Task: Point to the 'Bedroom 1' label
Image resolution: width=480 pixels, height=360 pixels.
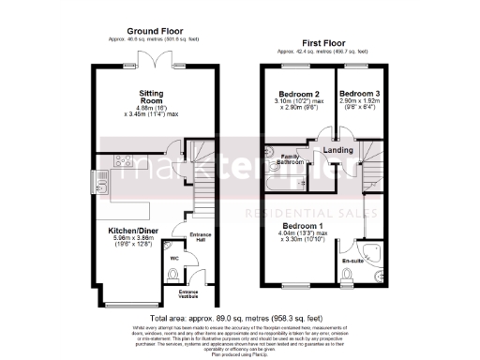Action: point(305,225)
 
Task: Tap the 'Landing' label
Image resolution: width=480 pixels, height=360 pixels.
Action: point(337,149)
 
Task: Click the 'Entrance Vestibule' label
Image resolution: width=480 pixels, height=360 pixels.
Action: point(196,294)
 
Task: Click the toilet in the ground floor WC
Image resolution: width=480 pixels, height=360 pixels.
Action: point(174,274)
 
